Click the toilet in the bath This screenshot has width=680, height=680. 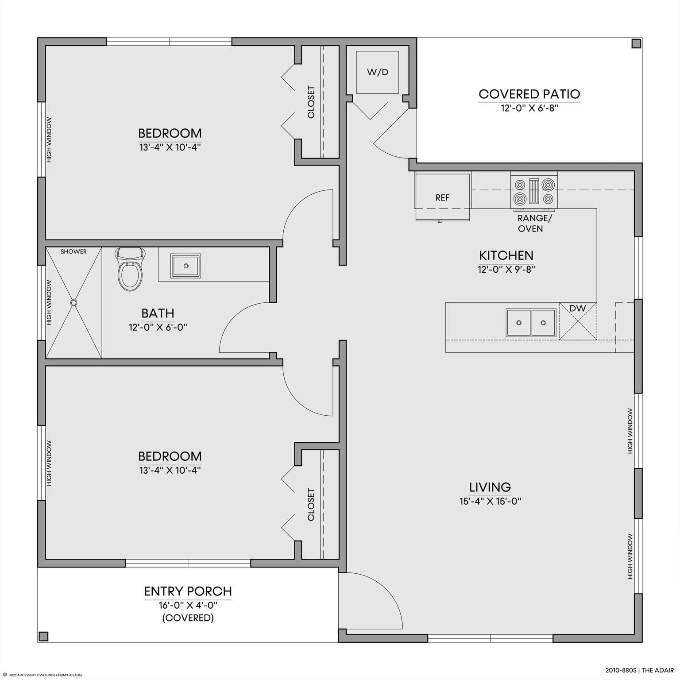click(x=130, y=269)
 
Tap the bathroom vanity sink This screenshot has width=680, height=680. click(x=186, y=266)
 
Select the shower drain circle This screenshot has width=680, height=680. click(x=73, y=302)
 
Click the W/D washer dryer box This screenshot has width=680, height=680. click(x=378, y=72)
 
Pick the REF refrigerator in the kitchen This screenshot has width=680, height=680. click(x=442, y=197)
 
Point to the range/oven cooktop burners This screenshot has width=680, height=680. click(x=534, y=191)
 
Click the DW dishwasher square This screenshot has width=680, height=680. click(x=578, y=321)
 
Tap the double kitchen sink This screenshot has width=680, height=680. click(x=531, y=323)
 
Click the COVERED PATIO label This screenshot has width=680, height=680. click(x=529, y=94)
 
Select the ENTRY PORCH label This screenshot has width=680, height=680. click(x=188, y=591)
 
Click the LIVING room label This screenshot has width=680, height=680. click(x=490, y=487)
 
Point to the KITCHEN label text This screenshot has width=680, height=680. click(x=506, y=255)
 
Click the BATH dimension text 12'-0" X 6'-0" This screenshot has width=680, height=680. click(x=158, y=327)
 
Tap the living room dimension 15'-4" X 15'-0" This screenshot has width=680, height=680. click(x=490, y=501)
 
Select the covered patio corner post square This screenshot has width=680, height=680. click(x=636, y=43)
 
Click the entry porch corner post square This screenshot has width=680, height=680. click(x=43, y=636)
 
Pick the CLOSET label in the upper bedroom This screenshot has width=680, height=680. click(x=311, y=102)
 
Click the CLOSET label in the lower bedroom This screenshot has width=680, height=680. click(x=311, y=505)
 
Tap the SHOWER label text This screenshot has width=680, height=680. click(x=73, y=251)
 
